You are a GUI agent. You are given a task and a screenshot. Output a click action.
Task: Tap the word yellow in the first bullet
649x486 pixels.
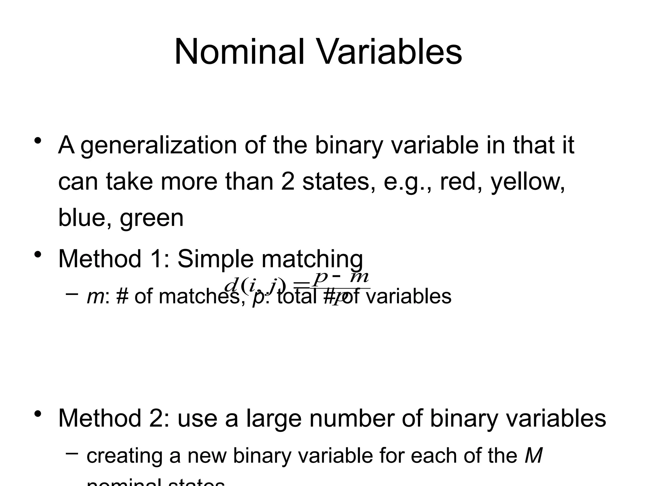pyautogui.click(x=527, y=182)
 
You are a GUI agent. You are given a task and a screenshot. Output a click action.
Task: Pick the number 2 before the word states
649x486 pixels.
pyautogui.click(x=287, y=182)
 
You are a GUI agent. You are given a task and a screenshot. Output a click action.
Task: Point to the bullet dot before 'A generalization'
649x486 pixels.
pyautogui.click(x=38, y=140)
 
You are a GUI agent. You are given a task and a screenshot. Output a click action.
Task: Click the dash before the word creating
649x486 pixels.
pyautogui.click(x=72, y=453)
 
